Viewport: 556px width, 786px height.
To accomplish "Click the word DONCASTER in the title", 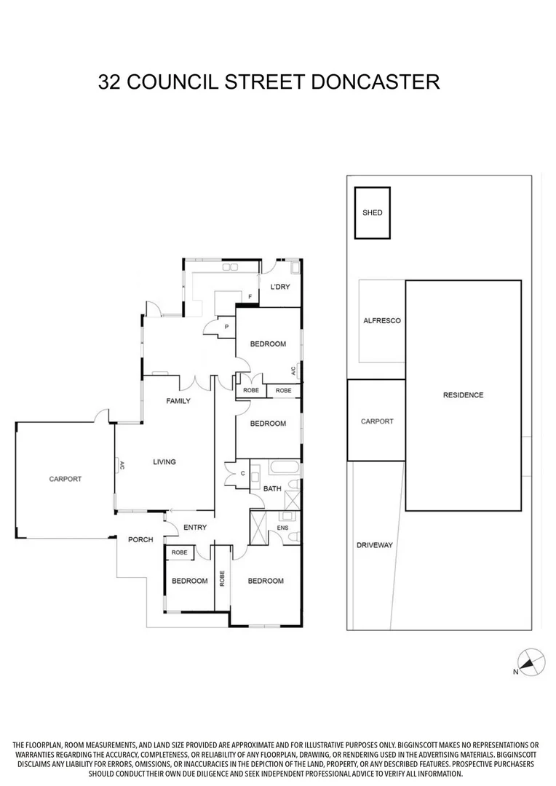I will (x=375, y=82).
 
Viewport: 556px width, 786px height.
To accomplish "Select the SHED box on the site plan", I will (x=372, y=213).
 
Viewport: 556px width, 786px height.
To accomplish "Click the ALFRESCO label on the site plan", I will (x=382, y=321).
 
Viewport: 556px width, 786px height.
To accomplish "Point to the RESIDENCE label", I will (x=463, y=395).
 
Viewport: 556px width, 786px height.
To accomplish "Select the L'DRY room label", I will (x=279, y=287).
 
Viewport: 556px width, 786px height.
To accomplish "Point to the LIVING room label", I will (x=164, y=461).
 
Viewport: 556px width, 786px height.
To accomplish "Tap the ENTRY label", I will (x=195, y=528).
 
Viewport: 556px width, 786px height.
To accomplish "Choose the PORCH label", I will (x=140, y=539).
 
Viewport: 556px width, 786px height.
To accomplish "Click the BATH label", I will (x=272, y=489).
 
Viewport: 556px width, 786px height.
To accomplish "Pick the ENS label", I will (x=283, y=528).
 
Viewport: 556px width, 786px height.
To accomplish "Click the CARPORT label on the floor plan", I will (x=65, y=479).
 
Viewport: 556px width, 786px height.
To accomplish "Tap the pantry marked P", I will (x=226, y=327).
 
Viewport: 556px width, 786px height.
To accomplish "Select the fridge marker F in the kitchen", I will (x=250, y=297).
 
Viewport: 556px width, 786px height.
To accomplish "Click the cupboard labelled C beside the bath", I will (x=242, y=474).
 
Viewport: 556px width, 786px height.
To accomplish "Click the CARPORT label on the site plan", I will (x=377, y=421).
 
